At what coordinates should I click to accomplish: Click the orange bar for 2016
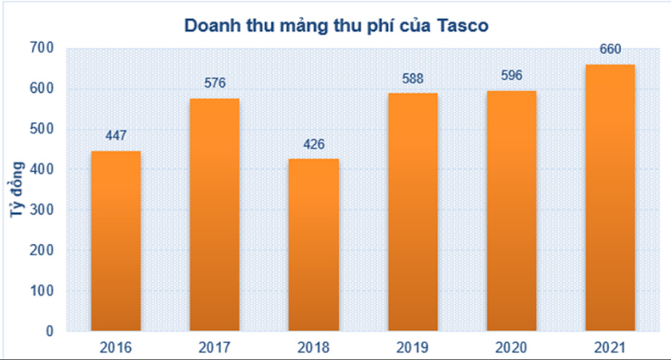116,241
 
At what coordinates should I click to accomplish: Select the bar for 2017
215,215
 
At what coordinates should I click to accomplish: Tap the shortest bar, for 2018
313,245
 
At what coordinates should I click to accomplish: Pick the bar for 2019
413,212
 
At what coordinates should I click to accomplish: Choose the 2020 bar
511,211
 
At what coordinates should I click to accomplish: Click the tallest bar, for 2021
610,198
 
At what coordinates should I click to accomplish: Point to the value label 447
116,136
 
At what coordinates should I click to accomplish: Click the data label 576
215,83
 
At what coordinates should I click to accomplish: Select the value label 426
313,145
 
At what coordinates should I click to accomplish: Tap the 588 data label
413,79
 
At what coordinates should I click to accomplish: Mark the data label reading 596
511,76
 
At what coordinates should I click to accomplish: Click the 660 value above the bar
610,50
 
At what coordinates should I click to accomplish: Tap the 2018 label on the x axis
313,347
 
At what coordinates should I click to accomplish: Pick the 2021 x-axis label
610,347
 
